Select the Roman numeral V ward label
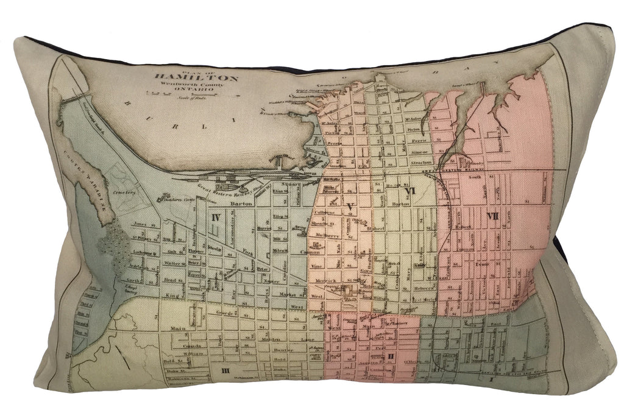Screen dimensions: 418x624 (x=349, y=207)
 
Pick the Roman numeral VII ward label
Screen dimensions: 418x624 (x=492, y=217)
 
